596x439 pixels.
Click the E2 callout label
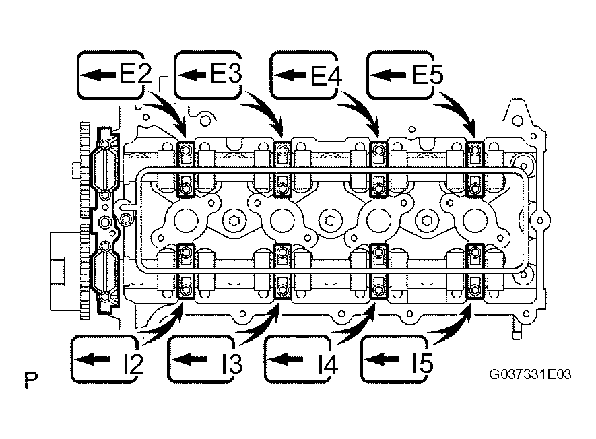110,75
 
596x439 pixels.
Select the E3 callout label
208,75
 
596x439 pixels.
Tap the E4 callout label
304,75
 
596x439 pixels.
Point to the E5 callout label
400,75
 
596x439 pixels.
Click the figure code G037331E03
530,375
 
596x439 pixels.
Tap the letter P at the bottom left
31,379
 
